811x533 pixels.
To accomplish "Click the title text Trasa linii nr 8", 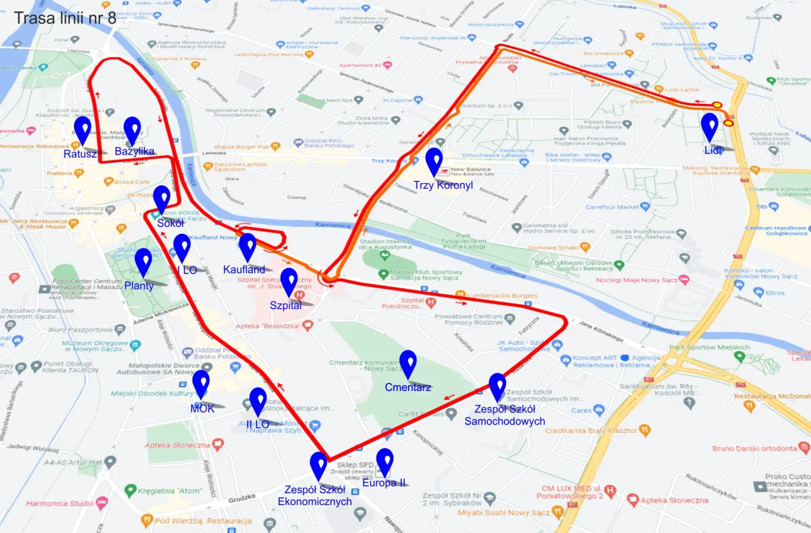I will pyautogui.click(x=65, y=17).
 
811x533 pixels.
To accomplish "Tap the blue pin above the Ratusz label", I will pyautogui.click(x=82, y=129).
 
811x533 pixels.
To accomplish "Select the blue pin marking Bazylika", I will pyautogui.click(x=132, y=129).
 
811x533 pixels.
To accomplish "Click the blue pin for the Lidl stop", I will pyautogui.click(x=710, y=125).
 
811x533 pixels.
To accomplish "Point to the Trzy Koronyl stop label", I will pyautogui.click(x=443, y=185).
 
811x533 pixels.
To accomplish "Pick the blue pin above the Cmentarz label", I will pyautogui.click(x=408, y=363).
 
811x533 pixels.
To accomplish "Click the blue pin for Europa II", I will pyautogui.click(x=384, y=461).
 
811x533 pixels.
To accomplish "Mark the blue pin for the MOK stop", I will pyautogui.click(x=201, y=382).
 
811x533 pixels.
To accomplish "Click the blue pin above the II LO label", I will pyautogui.click(x=258, y=400).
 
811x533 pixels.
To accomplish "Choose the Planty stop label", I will pyautogui.click(x=139, y=286).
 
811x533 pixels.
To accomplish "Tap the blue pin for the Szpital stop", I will pyautogui.click(x=289, y=280).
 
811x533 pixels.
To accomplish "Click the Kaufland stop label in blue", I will pyautogui.click(x=244, y=270).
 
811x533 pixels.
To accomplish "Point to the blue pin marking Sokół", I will pyautogui.click(x=162, y=198).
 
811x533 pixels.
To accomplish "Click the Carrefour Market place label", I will pyautogui.click(x=612, y=207).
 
